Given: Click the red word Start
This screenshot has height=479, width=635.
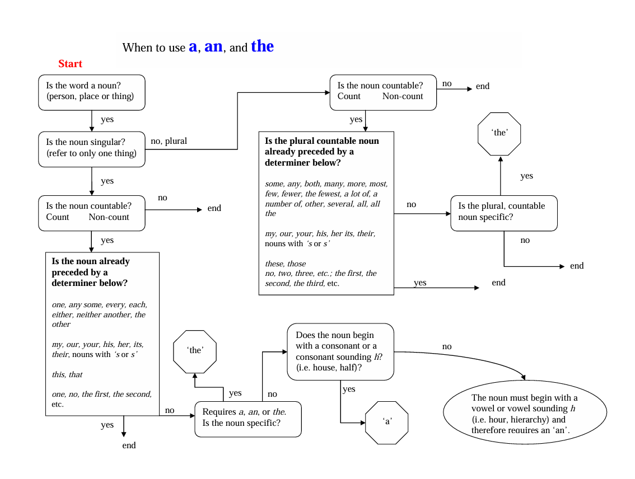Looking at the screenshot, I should coord(70,64).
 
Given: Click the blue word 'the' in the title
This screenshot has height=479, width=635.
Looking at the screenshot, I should coord(262,46).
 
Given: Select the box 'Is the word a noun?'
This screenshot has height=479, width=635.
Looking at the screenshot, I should coord(91,92).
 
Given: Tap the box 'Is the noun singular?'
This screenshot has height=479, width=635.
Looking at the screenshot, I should coord(91,149).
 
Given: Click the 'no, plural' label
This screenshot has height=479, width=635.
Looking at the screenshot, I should coord(169,141).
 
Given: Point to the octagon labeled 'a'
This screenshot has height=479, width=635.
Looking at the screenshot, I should coord(386,422).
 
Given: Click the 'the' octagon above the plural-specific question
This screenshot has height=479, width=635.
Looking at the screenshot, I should coord(499,134).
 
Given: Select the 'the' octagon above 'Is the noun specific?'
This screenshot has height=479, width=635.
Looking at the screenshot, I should coord(195,351).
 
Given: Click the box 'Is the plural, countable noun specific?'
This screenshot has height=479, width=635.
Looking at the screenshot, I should coord(503,213).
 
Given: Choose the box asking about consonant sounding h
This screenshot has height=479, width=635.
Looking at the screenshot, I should coord(340,351).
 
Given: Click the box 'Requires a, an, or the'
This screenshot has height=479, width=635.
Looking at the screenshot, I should coord(248,418).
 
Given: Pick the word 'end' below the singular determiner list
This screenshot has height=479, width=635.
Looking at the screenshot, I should coord(129,445).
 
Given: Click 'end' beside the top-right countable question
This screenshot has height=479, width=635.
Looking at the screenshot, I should coord(482,86).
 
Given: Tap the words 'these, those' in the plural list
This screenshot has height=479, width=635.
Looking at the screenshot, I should coord(286,264).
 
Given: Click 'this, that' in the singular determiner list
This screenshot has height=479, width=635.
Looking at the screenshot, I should coord(67,374).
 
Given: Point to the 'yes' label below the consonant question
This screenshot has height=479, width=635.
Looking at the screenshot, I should coord(348,389).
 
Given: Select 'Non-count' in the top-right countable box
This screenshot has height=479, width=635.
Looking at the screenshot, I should coord(403,96).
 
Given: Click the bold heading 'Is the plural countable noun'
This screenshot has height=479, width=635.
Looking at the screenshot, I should coord(321,141).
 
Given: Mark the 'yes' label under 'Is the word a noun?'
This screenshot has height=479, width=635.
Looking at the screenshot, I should coord(107,119).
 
